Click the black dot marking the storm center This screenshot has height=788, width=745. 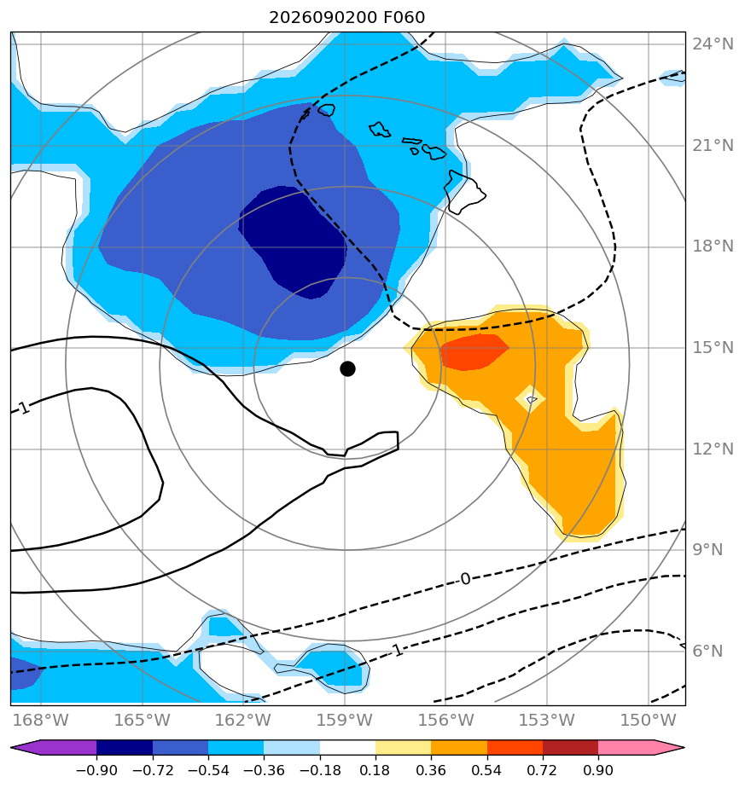[347, 369]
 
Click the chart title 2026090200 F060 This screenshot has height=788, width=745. [347, 18]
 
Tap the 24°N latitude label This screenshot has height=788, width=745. [713, 44]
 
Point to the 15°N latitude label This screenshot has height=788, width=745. [713, 347]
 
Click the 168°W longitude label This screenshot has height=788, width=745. [41, 720]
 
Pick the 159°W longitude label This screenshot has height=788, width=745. [345, 720]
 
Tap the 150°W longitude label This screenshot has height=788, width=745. [649, 720]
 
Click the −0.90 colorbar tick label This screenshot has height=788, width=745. [96, 770]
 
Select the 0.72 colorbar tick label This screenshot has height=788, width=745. [542, 770]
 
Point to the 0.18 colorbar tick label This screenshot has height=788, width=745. [375, 770]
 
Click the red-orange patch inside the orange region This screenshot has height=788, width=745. [474, 351]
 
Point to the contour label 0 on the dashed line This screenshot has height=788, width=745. [465, 579]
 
